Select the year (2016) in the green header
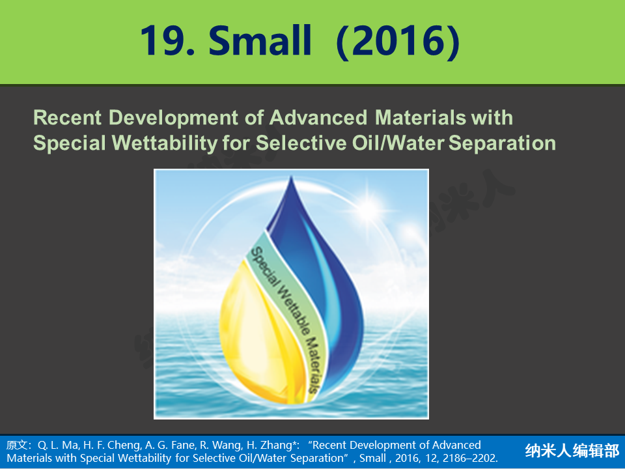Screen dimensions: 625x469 tap(398, 42)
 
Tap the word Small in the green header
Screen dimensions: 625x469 tap(260, 40)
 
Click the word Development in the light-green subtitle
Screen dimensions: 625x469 tap(173, 119)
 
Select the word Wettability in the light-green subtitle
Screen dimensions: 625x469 tap(165, 144)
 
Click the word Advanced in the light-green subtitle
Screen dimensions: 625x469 tap(318, 118)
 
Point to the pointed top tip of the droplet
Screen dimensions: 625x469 tap(292, 177)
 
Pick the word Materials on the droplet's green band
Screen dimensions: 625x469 tap(313, 365)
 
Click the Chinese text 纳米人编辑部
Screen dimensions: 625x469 tap(572, 451)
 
